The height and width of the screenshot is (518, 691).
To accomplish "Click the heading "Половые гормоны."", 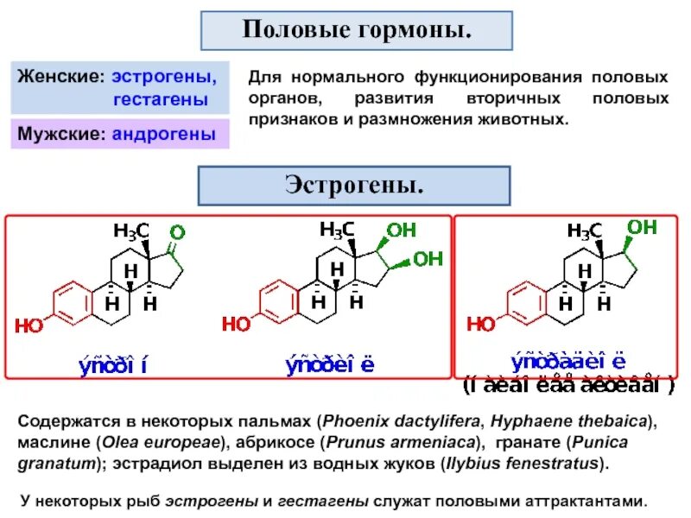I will point(357,31).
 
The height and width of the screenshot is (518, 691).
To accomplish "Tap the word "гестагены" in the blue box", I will point(161,100).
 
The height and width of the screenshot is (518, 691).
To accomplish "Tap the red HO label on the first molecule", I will point(28,325).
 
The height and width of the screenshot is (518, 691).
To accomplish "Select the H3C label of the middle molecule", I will point(338,230).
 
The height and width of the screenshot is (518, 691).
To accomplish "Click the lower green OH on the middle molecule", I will point(428,257).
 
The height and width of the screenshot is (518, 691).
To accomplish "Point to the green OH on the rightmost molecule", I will point(642,227).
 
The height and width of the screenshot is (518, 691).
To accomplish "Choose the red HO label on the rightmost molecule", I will point(481,324).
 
